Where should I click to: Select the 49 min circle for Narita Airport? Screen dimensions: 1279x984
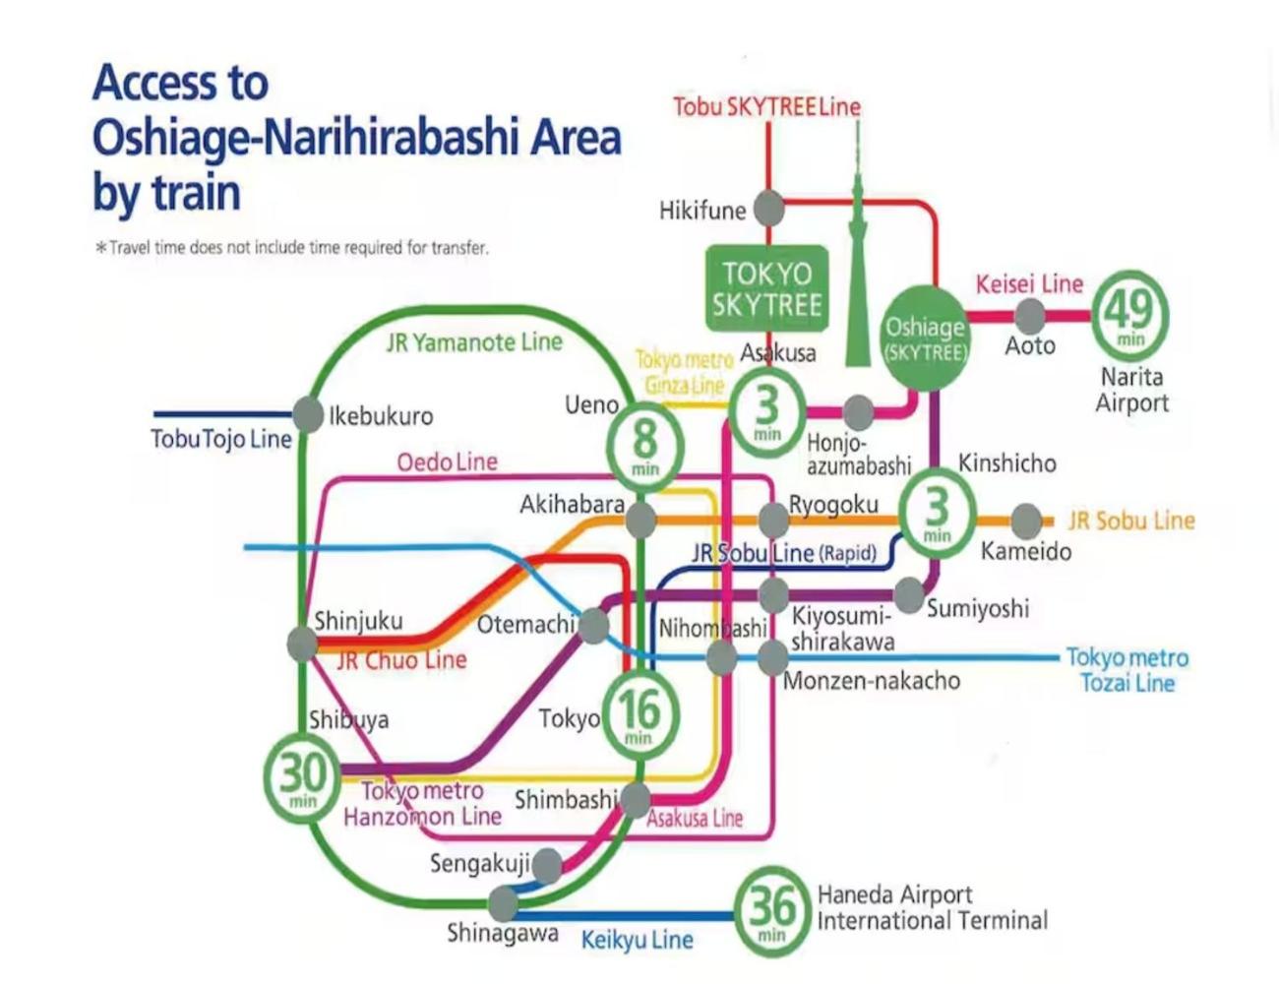1130,316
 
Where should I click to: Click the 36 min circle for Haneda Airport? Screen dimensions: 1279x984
771,911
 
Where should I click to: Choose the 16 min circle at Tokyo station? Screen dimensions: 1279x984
640,716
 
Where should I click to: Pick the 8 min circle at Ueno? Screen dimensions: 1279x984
645,447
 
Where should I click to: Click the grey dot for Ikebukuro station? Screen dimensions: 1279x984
307,415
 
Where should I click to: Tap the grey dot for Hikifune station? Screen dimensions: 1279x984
768,208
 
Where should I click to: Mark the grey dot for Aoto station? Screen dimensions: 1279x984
1030,316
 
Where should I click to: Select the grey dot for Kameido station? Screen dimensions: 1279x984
1026,521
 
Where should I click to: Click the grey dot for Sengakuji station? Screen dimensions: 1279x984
547,866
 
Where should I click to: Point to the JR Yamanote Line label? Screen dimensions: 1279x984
474,341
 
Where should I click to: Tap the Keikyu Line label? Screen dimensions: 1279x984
638,940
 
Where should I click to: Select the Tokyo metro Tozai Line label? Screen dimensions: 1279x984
1127,670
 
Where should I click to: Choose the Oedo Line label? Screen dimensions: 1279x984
448,461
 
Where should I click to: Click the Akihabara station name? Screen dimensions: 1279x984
572,505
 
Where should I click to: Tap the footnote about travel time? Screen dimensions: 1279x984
292,248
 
